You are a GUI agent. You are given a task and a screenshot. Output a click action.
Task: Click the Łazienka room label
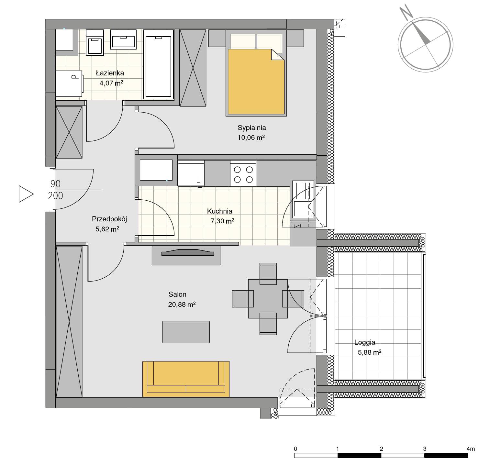coord(110,73)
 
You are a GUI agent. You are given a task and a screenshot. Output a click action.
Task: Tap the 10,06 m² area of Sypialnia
coord(251,137)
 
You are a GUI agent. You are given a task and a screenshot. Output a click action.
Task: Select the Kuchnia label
coord(219,211)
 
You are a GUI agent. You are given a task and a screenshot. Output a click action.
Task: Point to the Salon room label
coord(177,294)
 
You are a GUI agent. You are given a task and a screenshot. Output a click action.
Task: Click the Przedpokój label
coord(109,219)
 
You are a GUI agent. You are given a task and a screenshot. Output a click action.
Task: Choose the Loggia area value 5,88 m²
coord(370,352)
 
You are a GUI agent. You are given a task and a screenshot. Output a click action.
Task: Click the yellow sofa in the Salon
coord(186,379)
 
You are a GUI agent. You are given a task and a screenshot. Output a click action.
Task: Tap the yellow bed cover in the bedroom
coord(256,82)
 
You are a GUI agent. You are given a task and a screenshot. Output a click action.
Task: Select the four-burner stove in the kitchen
coord(243,173)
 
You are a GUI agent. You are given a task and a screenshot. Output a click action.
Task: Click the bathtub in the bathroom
coord(159,64)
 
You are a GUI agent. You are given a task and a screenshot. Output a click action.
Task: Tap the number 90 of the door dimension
coord(55,183)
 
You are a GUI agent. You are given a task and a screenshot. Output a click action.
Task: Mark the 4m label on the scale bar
coord(471,449)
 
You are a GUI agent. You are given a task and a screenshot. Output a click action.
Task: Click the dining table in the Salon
coord(268,299)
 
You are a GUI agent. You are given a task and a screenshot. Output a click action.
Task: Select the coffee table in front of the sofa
coord(186,332)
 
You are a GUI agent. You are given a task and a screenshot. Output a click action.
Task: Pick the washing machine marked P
coord(69,84)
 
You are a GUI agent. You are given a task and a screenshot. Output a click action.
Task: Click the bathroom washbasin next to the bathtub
coord(123,39)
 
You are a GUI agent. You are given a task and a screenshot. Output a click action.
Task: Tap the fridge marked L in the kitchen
coord(191,173)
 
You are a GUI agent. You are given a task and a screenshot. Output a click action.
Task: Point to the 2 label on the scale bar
coord(382,449)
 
